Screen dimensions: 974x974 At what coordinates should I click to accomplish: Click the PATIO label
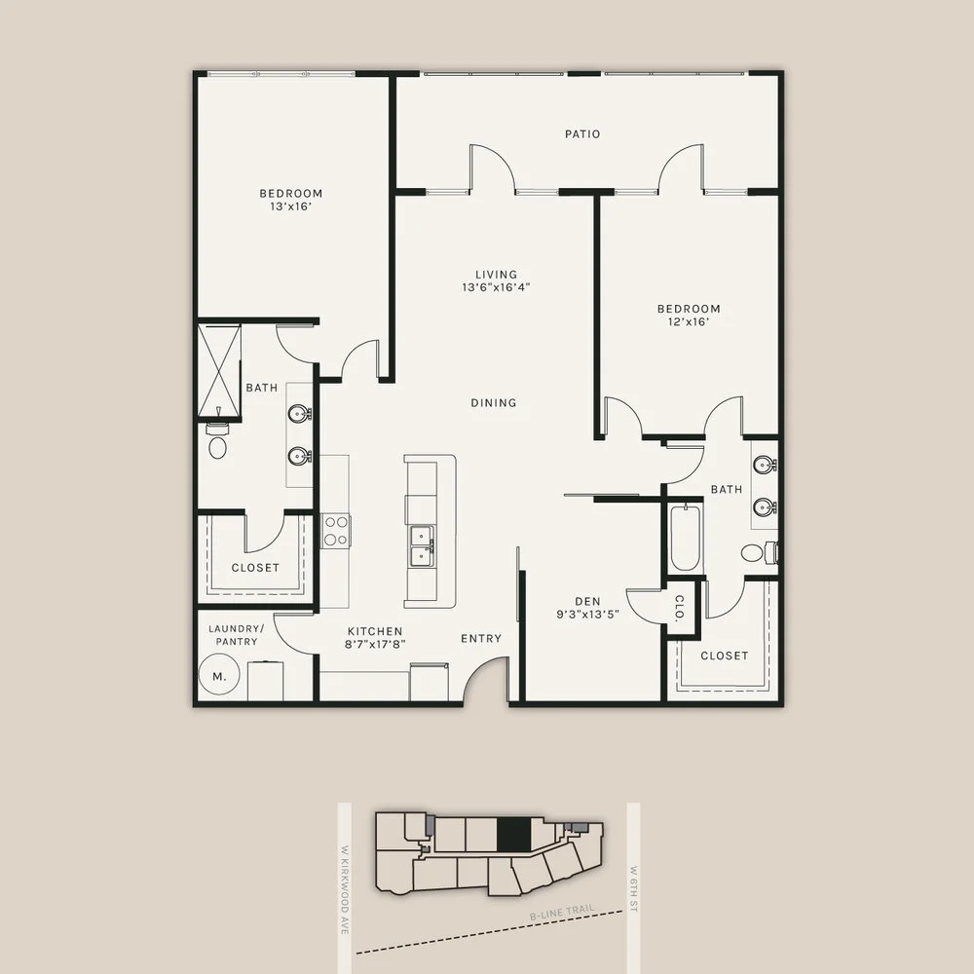(x=582, y=133)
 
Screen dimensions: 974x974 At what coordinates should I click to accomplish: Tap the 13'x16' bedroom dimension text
(x=291, y=206)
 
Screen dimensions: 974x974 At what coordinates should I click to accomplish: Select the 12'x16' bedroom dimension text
(x=689, y=322)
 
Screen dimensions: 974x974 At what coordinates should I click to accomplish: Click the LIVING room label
(x=497, y=275)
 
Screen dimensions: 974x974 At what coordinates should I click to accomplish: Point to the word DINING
(x=494, y=402)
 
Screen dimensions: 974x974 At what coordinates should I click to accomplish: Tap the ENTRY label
(x=481, y=639)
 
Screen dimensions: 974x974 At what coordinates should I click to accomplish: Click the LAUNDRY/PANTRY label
(x=234, y=635)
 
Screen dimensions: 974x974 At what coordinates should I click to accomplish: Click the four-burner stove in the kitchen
(x=336, y=531)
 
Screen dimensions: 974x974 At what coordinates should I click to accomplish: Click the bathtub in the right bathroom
(x=685, y=538)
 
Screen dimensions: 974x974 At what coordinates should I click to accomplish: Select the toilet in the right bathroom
(x=756, y=553)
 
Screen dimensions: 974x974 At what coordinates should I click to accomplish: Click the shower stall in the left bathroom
(x=219, y=371)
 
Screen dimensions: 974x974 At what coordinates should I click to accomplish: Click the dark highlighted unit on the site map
(x=514, y=835)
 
